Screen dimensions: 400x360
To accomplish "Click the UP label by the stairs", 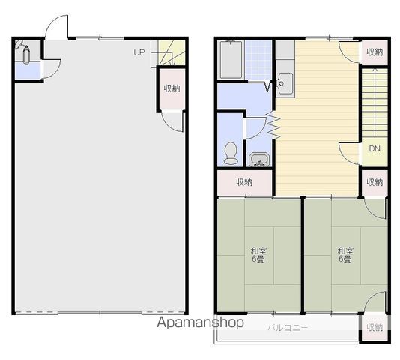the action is click(139, 52).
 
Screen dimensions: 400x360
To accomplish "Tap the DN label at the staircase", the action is click(375, 148).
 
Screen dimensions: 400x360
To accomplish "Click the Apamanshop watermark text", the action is click(200, 322).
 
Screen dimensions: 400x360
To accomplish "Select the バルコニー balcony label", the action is click(288, 327).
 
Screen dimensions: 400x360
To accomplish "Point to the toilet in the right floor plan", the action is click(231, 153).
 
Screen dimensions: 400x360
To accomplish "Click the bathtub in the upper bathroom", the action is click(231, 59).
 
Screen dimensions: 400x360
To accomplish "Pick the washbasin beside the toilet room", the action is click(259, 160).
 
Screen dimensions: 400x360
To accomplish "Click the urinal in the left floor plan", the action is click(26, 55).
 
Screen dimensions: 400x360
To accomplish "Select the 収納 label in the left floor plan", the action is click(172, 88).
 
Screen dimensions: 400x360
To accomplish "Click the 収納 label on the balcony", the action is click(375, 328).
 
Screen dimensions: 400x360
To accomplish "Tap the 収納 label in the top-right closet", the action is click(375, 52).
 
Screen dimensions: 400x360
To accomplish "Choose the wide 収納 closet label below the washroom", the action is click(244, 182).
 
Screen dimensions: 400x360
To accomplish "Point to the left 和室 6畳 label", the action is click(258, 255).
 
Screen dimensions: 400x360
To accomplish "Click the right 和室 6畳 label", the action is click(345, 255).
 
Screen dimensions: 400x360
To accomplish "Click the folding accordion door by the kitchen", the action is click(273, 125).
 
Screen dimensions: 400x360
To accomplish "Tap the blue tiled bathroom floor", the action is click(258, 60).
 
